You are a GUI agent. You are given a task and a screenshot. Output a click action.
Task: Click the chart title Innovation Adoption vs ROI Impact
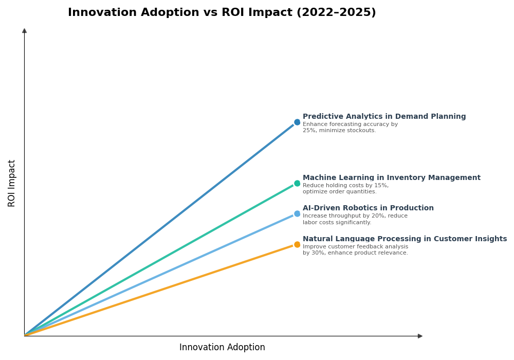pyautogui.click(x=222, y=13)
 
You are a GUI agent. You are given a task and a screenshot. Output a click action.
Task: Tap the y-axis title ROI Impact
pyautogui.click(x=12, y=183)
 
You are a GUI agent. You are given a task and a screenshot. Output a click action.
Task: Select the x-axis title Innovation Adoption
pyautogui.click(x=222, y=348)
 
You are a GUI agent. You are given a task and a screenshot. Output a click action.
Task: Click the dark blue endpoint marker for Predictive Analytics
pyautogui.click(x=297, y=122)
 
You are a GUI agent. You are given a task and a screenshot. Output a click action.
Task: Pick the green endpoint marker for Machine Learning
pyautogui.click(x=297, y=184)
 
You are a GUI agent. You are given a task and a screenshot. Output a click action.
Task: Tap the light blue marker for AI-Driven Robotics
pyautogui.click(x=297, y=214)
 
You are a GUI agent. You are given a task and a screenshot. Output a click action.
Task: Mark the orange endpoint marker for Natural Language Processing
pyautogui.click(x=297, y=245)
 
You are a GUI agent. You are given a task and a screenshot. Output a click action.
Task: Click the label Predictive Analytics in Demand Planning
pyautogui.click(x=384, y=117)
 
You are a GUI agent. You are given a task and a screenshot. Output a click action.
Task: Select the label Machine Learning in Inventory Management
pyautogui.click(x=391, y=178)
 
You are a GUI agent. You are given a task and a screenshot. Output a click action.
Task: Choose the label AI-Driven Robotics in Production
pyautogui.click(x=368, y=208)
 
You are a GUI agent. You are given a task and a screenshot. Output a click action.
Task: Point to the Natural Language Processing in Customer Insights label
pyautogui.click(x=405, y=239)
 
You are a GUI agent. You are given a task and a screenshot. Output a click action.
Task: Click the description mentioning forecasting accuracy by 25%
pyautogui.click(x=350, y=128)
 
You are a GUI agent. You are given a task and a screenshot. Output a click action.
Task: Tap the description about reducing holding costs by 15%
pyautogui.click(x=345, y=189)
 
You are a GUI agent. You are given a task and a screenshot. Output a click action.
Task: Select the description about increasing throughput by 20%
pyautogui.click(x=355, y=220)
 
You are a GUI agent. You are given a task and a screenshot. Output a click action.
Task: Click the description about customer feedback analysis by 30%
pyautogui.click(x=355, y=250)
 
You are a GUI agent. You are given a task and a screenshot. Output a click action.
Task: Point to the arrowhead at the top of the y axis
pyautogui.click(x=24, y=31)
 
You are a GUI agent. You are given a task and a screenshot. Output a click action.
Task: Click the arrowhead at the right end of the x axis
pyautogui.click(x=420, y=336)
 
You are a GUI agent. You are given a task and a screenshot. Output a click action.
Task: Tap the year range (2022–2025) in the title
pyautogui.click(x=336, y=13)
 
